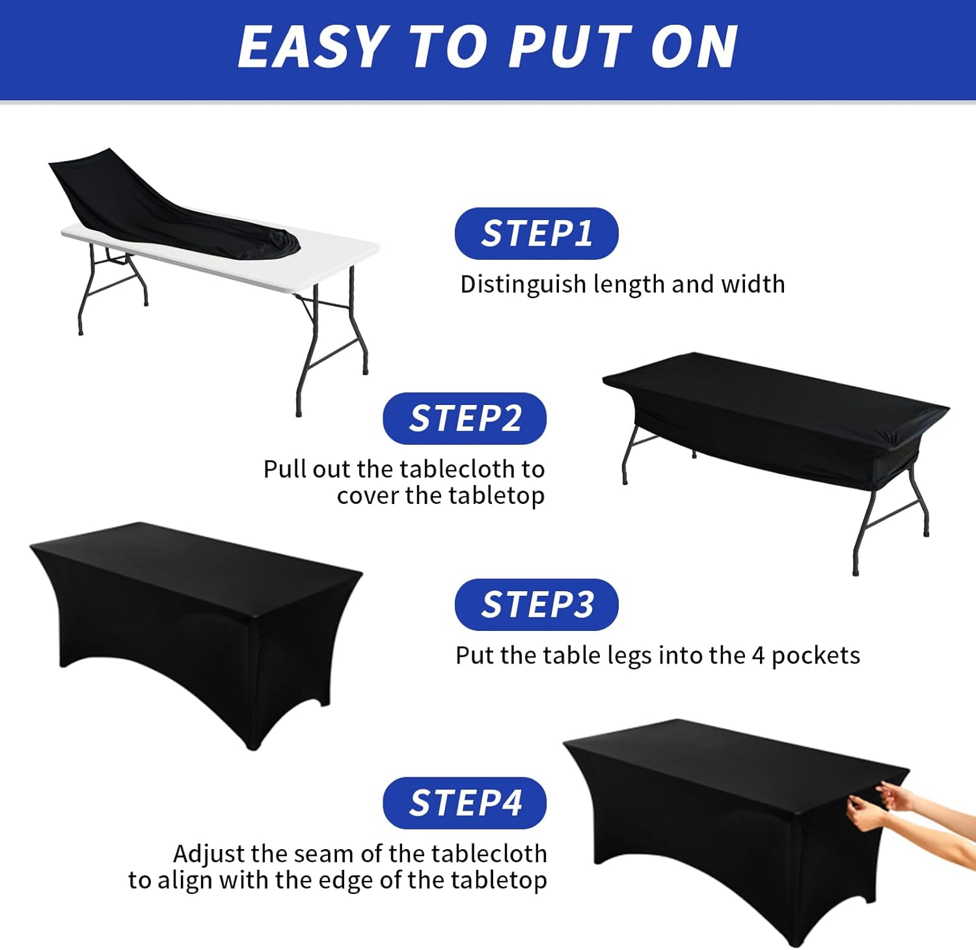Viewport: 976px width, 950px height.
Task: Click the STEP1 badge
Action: (x=536, y=233)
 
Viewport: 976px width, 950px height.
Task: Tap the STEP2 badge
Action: (x=465, y=418)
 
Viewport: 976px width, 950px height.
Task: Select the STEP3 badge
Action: (x=536, y=604)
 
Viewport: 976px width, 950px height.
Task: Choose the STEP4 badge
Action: (x=465, y=803)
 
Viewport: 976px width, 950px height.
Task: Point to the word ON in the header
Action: (x=694, y=47)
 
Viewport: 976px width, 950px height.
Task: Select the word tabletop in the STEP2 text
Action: (x=495, y=496)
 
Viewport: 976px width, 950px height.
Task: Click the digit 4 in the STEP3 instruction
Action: (x=758, y=656)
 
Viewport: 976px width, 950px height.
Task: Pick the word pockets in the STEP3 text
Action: (x=816, y=656)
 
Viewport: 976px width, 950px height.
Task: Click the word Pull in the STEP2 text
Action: (x=285, y=469)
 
